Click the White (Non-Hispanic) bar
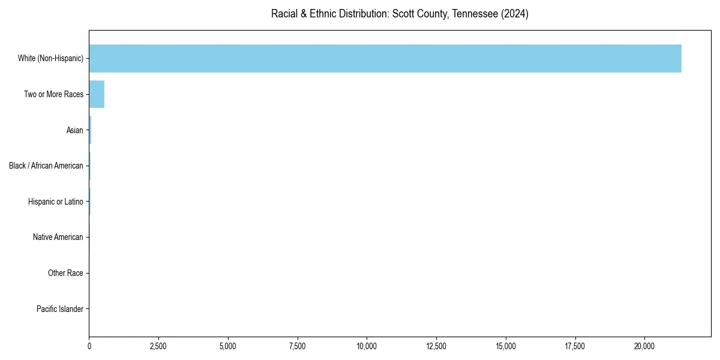click(x=385, y=58)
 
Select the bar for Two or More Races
click(x=97, y=94)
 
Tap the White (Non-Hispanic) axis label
click(x=50, y=58)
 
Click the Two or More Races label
click(x=53, y=94)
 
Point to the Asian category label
click(x=75, y=130)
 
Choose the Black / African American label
click(x=46, y=166)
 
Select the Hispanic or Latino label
click(x=56, y=202)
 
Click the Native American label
click(x=58, y=237)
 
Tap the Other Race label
click(x=65, y=273)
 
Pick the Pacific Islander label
click(x=60, y=309)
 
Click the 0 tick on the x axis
click(x=89, y=346)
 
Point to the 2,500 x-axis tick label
click(x=158, y=346)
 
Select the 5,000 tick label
click(x=228, y=346)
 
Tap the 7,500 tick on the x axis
click(x=298, y=346)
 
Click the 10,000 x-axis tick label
click(x=367, y=346)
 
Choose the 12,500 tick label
click(x=436, y=346)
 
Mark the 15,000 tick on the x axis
click(x=506, y=346)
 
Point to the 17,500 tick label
click(x=575, y=346)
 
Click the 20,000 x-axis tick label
click(x=644, y=346)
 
